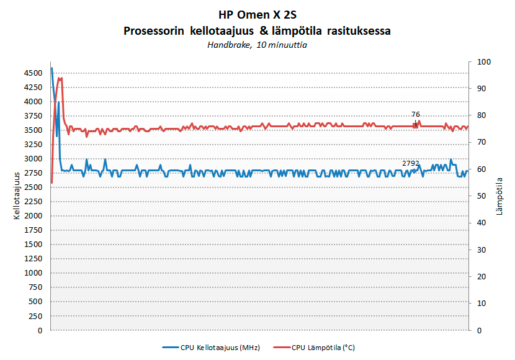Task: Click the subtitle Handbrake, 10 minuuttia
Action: [x=257, y=45]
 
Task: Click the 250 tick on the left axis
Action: [x=36, y=317]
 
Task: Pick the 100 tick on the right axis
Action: [x=480, y=62]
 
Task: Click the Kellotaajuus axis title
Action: [x=16, y=196]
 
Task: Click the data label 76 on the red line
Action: [x=416, y=114]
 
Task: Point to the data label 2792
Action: [x=411, y=163]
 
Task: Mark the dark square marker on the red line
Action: [x=415, y=125]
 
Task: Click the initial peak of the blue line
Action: [x=52, y=68]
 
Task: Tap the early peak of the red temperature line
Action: [x=60, y=78]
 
